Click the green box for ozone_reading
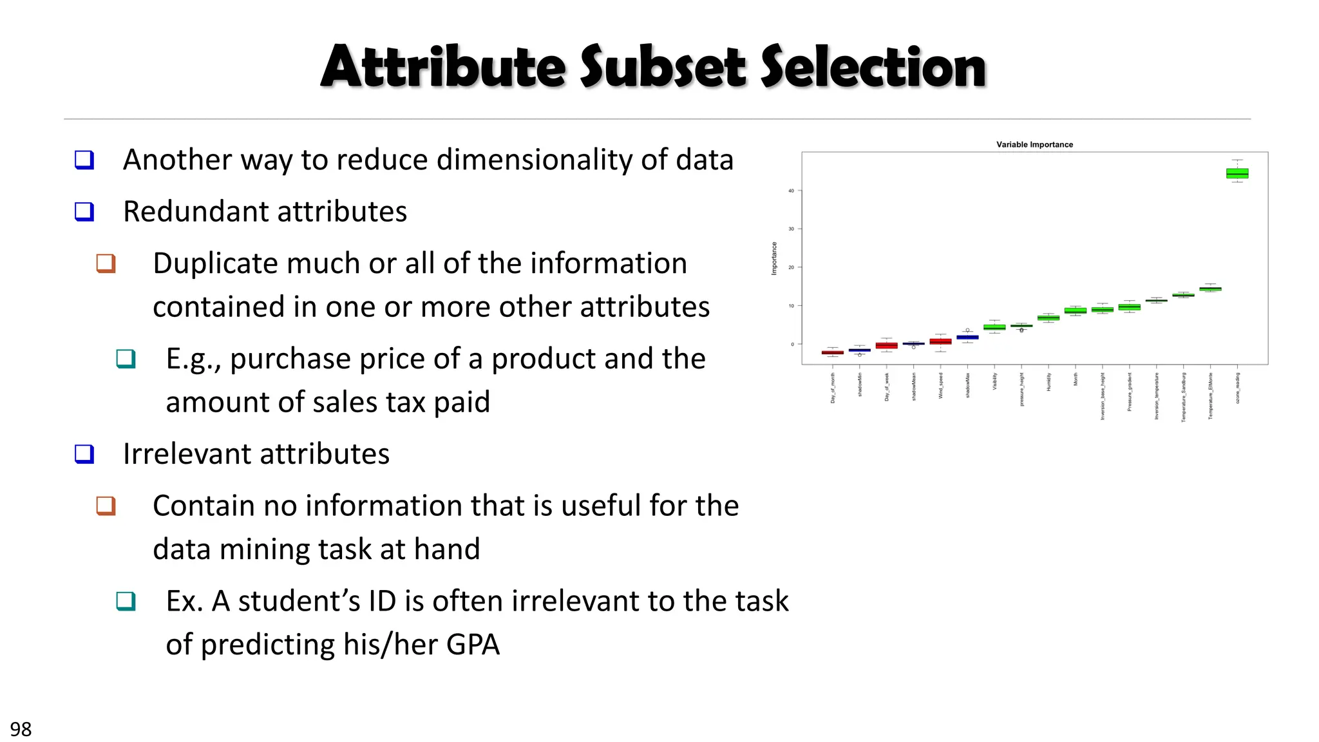click(x=1237, y=173)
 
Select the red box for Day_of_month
click(x=832, y=352)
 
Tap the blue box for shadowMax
click(x=967, y=337)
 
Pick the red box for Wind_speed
click(x=940, y=341)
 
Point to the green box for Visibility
click(x=994, y=327)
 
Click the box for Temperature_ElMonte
click(x=1210, y=289)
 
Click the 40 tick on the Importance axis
click(x=792, y=191)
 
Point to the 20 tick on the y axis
click(x=792, y=267)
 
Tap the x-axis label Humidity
click(x=1049, y=382)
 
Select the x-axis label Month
click(x=1076, y=379)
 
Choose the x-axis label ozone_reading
click(x=1237, y=388)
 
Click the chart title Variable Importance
click(x=1034, y=145)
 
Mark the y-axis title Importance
click(x=774, y=259)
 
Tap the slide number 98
click(x=21, y=729)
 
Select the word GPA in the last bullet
click(x=472, y=645)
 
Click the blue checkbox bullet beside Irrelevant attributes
click(x=84, y=454)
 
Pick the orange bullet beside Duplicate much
click(x=106, y=263)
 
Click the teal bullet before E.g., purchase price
click(x=126, y=359)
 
